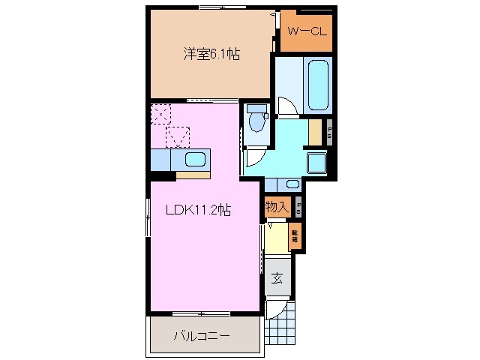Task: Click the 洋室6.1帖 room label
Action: [x=210, y=54]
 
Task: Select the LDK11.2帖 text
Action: [x=197, y=211]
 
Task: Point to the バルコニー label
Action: [x=203, y=334]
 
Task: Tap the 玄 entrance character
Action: [x=277, y=279]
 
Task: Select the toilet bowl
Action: [x=257, y=119]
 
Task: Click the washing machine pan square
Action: [x=318, y=162]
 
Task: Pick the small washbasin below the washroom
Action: [x=292, y=184]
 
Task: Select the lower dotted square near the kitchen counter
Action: [x=178, y=137]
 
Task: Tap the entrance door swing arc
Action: [x=276, y=307]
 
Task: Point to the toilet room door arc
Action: [x=253, y=154]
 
